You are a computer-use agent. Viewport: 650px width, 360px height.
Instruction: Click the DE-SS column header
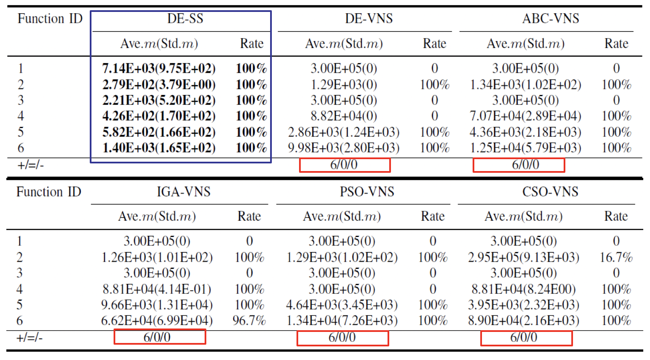(185, 19)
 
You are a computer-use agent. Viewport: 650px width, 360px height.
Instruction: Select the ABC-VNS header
(550, 19)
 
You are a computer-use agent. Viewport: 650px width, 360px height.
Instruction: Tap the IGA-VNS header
(183, 192)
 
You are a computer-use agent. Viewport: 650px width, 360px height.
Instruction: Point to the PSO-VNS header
(367, 192)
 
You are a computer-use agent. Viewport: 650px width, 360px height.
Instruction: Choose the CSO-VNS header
(550, 192)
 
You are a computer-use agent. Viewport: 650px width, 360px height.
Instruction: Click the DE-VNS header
(369, 19)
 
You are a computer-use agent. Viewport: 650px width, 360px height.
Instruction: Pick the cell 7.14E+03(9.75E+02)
(159, 69)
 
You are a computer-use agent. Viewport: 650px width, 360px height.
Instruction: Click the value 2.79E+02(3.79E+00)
(159, 84)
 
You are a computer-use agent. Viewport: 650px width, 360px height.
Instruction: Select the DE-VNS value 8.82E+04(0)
(344, 116)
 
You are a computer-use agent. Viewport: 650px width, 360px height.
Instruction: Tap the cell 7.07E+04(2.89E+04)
(525, 116)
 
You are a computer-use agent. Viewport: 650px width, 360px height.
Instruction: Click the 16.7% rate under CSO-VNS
(616, 257)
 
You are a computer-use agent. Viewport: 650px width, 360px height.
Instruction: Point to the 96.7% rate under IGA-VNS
(249, 320)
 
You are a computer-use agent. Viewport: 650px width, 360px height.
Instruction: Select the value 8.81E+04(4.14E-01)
(157, 289)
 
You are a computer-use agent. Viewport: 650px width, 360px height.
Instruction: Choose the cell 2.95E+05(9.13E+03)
(524, 257)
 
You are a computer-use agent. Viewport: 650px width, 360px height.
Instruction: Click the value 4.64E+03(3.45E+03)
(342, 305)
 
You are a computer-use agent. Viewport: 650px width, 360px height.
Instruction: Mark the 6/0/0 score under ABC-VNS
(525, 165)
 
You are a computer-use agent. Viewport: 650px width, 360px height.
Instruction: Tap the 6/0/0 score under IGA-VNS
(157, 337)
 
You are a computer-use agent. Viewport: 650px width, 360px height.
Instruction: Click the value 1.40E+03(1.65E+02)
(159, 148)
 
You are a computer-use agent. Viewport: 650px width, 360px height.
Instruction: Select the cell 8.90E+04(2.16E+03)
(524, 320)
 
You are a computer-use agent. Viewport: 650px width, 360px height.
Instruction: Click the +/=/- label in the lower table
(29, 338)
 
